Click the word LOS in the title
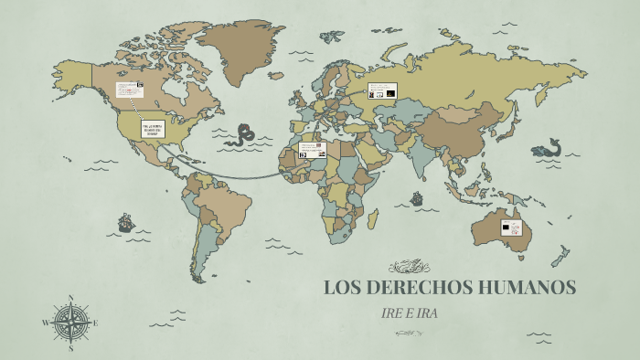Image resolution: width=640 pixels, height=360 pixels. [341, 288]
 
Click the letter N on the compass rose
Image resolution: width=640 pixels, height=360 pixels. [71, 298]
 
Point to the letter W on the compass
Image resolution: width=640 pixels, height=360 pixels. [45, 323]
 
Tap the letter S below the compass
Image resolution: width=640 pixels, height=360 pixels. [71, 347]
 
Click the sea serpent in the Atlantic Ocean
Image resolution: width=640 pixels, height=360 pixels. [244, 137]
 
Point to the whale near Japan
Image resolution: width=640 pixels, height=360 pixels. [549, 147]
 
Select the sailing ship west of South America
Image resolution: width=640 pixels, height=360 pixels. [125, 222]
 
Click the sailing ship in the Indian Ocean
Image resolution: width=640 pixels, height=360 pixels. [417, 197]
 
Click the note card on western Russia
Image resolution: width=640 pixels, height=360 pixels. [380, 91]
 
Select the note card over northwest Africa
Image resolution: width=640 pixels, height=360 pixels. [313, 149]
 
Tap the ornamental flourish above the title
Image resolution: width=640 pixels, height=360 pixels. [409, 267]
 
